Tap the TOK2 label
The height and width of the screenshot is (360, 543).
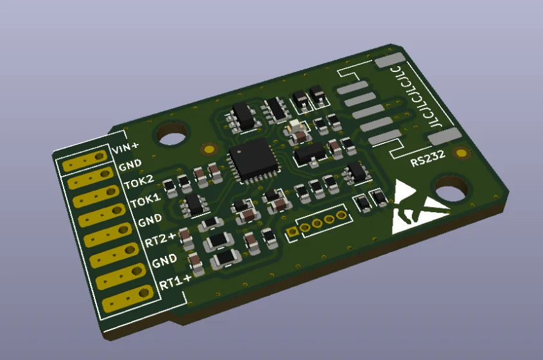(139, 181)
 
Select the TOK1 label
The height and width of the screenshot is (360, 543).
(146, 201)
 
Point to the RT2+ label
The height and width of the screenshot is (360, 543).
(160, 239)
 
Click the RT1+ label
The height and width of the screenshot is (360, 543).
(175, 282)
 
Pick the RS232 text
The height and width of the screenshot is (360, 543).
(428, 158)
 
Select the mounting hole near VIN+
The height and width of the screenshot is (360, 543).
(172, 135)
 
